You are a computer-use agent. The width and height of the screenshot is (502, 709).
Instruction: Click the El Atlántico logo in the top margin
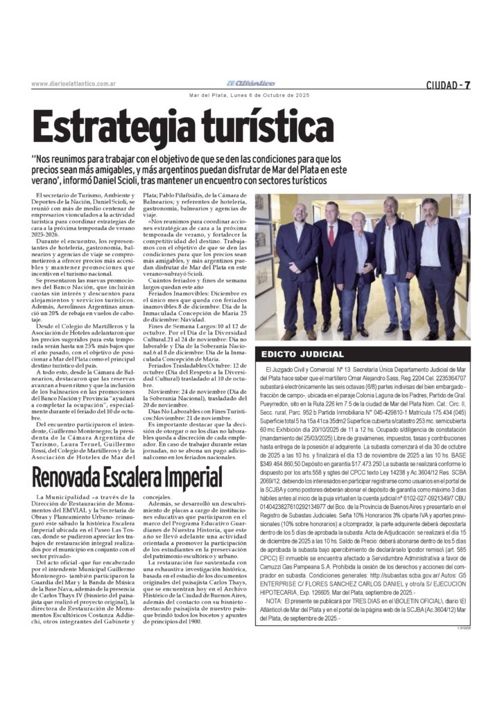click(x=254, y=83)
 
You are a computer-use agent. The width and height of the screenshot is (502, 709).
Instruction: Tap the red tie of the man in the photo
click(x=331, y=235)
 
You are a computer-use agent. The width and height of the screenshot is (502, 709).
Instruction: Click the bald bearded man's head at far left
click(x=300, y=214)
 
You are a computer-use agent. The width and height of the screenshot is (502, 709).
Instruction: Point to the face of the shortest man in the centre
click(x=358, y=223)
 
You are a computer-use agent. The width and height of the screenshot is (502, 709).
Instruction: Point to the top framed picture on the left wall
click(x=263, y=208)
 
